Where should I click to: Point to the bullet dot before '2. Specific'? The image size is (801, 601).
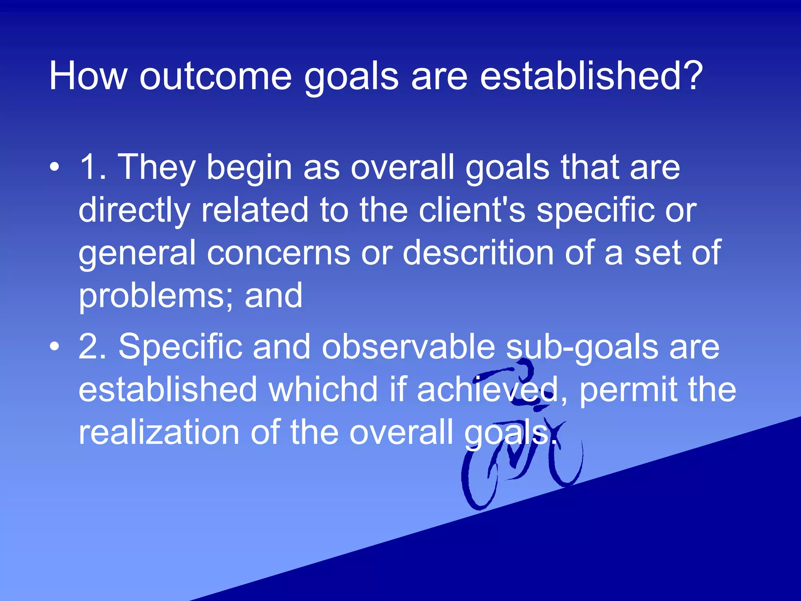click(x=55, y=346)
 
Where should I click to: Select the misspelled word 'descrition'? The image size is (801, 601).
click(x=478, y=253)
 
